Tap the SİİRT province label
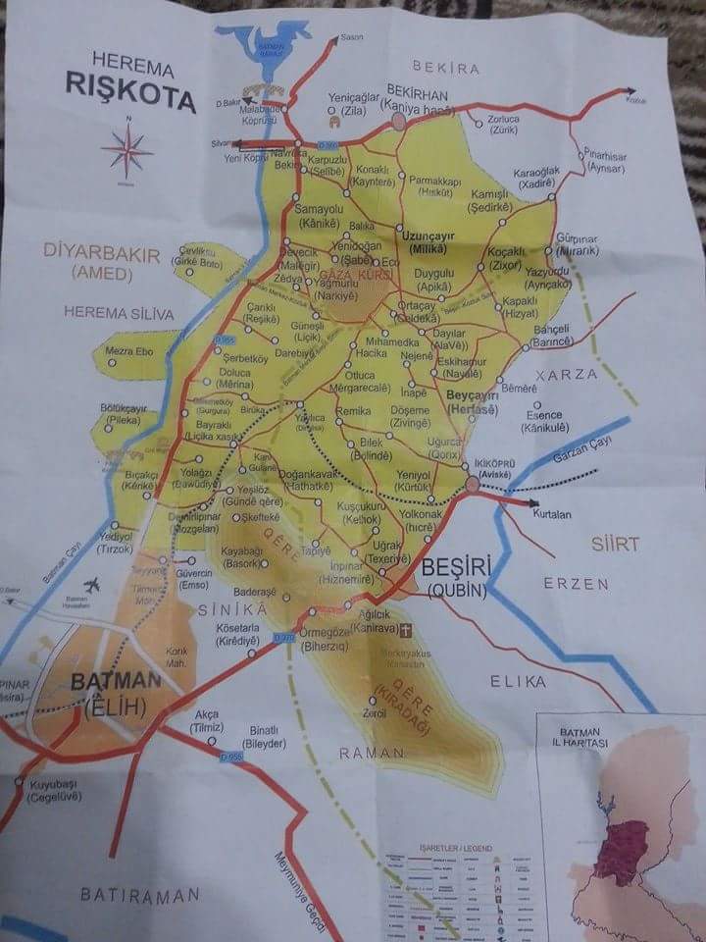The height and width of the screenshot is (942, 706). [x=615, y=544]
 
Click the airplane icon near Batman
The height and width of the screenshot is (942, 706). [x=94, y=585]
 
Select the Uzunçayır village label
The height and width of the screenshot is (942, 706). [x=429, y=238]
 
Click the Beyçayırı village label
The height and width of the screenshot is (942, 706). [x=474, y=395]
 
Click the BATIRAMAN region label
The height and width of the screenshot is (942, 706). [x=140, y=894]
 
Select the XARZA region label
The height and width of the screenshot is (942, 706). [x=566, y=375]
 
